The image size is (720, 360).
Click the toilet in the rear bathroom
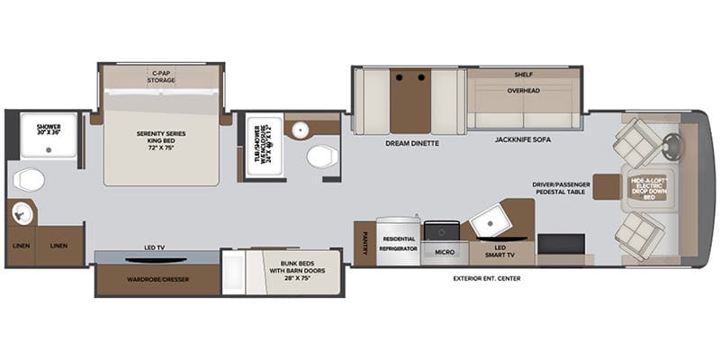point(29,180)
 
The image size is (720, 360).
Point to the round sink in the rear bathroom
point(22,213)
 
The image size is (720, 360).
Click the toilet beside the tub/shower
point(320,157)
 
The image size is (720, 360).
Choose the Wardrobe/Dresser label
point(157,279)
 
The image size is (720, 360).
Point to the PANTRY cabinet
point(364,244)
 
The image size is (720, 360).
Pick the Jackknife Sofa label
point(523,140)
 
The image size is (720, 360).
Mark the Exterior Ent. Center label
point(487,278)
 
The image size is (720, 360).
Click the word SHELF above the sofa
point(524,75)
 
